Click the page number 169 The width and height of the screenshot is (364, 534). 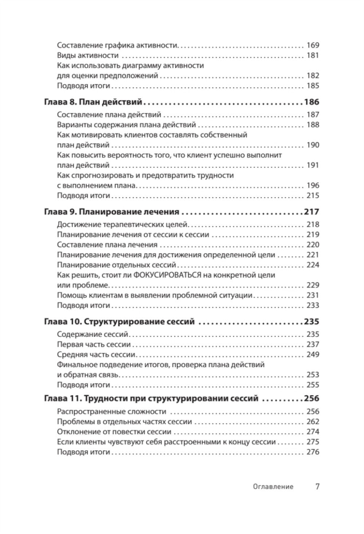312,45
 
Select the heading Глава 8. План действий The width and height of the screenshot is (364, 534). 93,102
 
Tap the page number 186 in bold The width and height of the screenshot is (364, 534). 311,102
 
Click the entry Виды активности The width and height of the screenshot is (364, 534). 88,56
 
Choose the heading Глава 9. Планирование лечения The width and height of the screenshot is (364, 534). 111,212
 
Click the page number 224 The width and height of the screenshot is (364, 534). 312,265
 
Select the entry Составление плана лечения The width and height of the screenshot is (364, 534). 107,245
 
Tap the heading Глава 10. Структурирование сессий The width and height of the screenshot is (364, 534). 119,322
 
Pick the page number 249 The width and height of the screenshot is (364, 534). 312,354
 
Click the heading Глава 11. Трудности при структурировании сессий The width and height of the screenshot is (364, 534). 151,398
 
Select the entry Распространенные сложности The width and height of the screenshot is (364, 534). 111,411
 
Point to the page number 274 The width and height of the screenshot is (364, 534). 312,432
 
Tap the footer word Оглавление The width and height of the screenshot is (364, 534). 273,487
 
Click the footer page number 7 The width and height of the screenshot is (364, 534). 317,486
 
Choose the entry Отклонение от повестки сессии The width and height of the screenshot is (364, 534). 114,432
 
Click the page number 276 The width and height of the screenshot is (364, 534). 312,452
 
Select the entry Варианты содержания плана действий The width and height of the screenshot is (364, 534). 126,125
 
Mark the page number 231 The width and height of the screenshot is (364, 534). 312,296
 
